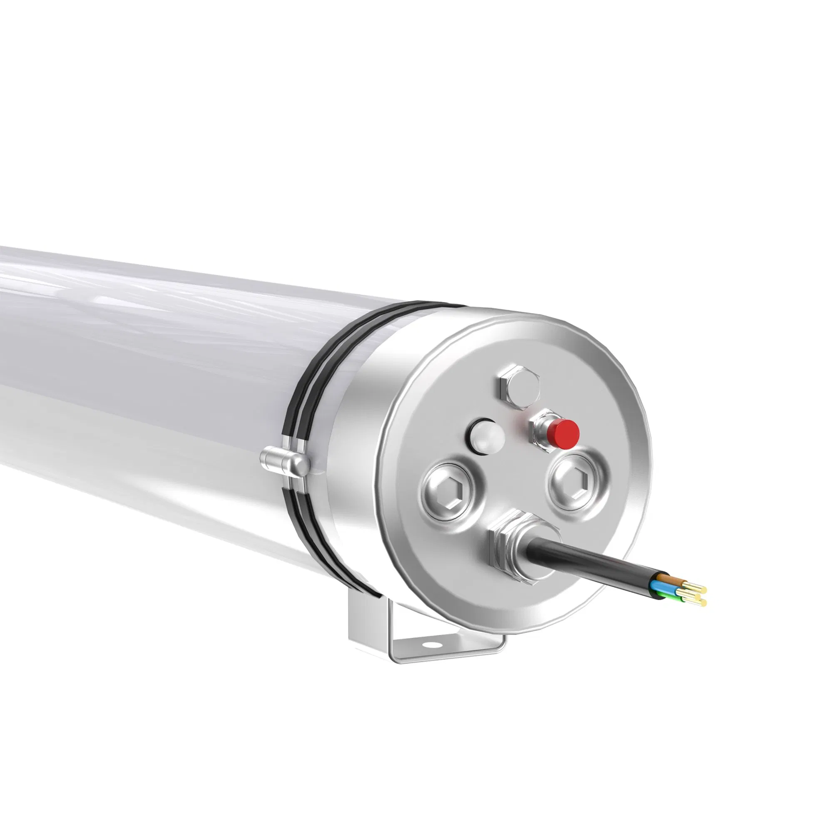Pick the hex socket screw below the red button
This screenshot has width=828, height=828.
click(578, 479)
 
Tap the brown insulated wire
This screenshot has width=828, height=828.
click(669, 580)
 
